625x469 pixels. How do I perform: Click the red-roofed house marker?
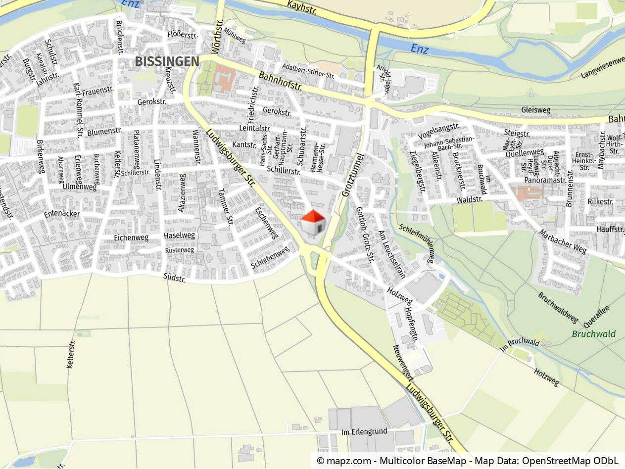tap(313, 223)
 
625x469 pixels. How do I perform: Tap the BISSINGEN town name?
tap(167, 62)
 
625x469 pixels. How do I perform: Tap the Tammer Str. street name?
tap(226, 208)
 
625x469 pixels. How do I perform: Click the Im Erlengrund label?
tap(365, 432)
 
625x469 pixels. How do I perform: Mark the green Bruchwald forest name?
tap(594, 334)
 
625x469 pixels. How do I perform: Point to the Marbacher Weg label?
tap(563, 241)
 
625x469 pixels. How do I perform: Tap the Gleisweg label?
tap(536, 110)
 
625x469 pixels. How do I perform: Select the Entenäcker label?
tap(62, 214)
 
